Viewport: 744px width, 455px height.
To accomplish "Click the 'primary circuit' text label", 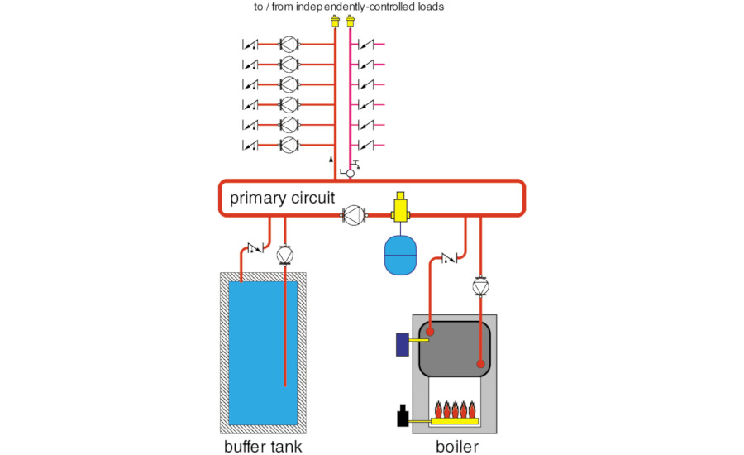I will tap(283, 198).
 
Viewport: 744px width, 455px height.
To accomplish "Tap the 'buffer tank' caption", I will tap(262, 448).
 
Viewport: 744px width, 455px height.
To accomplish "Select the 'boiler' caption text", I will tap(457, 448).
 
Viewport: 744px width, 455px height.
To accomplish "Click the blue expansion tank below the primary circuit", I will tap(402, 256).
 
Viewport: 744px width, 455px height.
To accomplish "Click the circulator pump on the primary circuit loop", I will tap(354, 217).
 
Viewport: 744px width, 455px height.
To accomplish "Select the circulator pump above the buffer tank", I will tap(285, 254).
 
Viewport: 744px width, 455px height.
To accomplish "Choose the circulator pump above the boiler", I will tap(480, 286).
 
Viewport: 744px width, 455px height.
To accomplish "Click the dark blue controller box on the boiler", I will tap(403, 343).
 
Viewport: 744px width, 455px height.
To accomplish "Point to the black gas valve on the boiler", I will tap(403, 417).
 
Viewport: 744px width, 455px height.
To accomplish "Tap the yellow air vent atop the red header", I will tap(335, 21).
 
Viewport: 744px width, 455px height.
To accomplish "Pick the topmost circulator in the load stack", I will tap(289, 44).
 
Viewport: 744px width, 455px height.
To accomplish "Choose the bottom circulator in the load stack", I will tap(289, 146).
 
